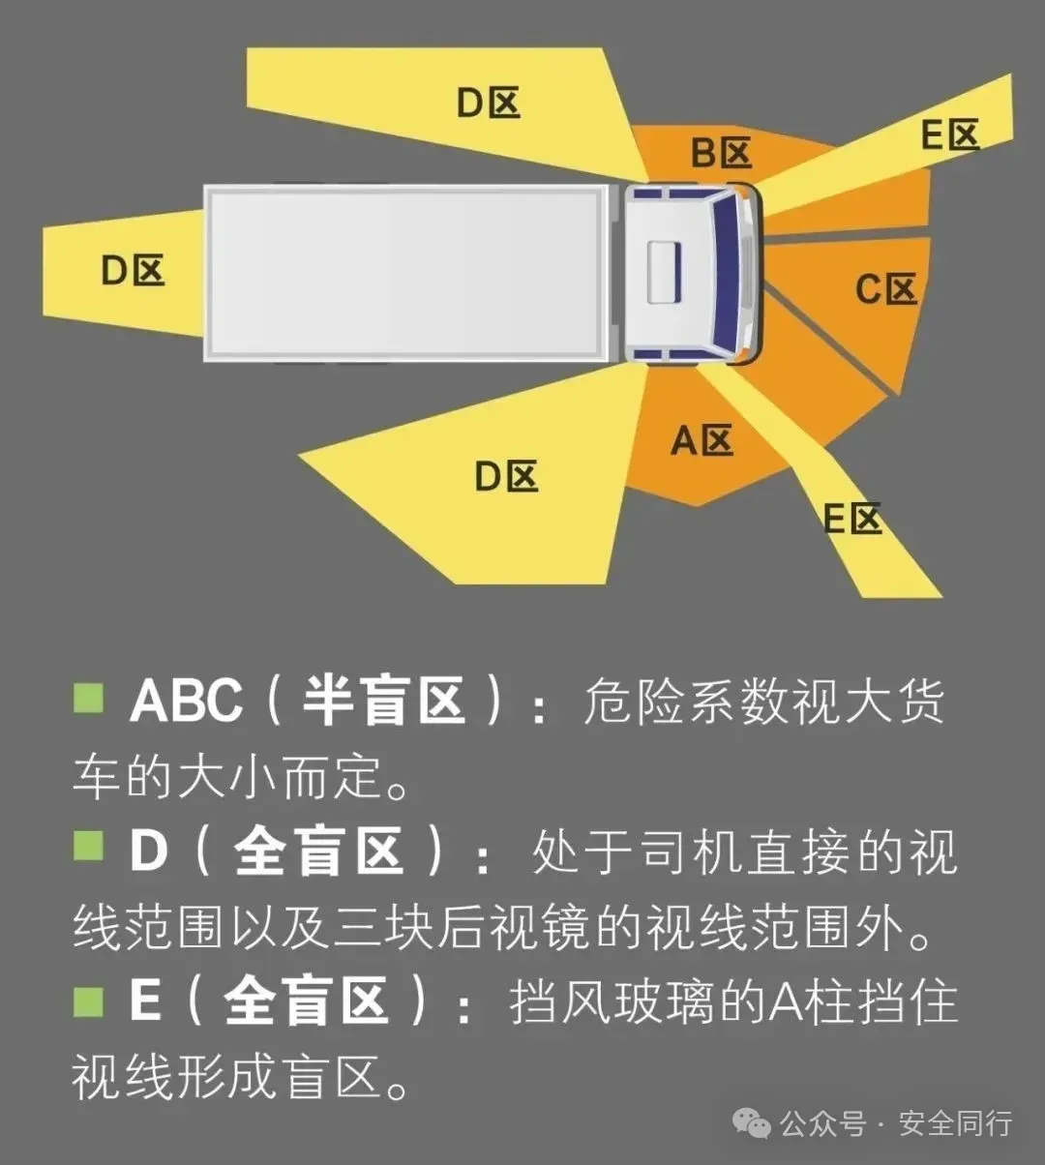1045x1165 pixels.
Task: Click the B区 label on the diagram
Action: (x=721, y=153)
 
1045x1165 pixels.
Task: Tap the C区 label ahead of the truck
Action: (x=885, y=288)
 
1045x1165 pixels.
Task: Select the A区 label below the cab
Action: (x=702, y=440)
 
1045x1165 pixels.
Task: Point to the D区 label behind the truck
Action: (x=134, y=270)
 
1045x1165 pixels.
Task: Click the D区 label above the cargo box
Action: (x=489, y=102)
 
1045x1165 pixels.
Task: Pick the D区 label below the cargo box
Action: (x=506, y=475)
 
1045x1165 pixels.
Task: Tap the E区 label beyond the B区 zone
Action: (x=950, y=134)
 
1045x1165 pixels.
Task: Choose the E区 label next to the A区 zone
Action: (x=852, y=519)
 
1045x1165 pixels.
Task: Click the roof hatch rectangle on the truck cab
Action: (x=664, y=273)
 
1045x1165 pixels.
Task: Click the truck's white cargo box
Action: (x=406, y=273)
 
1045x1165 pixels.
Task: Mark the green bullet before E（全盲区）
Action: (x=88, y=1000)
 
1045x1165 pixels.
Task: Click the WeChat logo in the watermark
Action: (x=751, y=1122)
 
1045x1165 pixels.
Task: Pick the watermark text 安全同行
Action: (x=955, y=1123)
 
